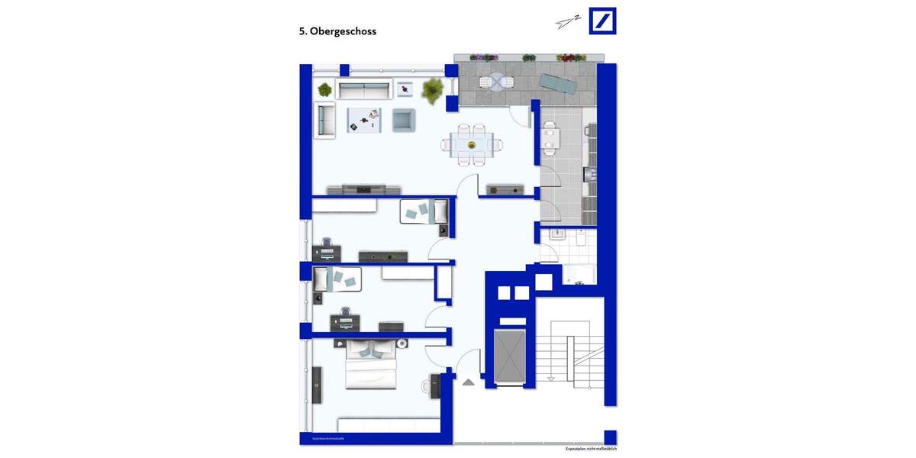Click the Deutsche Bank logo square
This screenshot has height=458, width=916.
602,21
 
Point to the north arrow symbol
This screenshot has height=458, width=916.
568,22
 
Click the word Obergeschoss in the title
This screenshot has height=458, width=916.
343,31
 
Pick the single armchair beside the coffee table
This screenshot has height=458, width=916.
403,120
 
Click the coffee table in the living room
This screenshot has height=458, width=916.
365,119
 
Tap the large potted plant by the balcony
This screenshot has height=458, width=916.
433,89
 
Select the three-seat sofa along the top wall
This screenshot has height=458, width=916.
363,90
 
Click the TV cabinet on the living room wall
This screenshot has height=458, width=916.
363,189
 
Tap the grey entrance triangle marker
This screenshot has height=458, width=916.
468,381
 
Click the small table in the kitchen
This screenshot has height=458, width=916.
550,138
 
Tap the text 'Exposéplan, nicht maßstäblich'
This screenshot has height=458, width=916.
591,449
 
